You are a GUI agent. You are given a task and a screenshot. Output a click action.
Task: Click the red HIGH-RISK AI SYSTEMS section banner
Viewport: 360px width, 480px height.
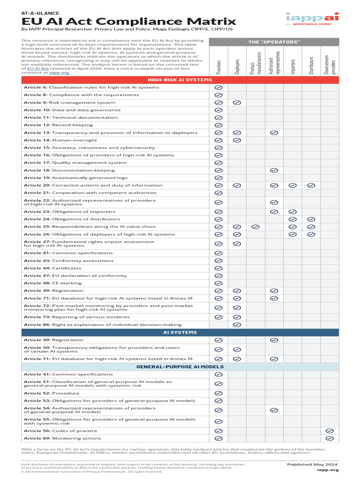tap(180, 80)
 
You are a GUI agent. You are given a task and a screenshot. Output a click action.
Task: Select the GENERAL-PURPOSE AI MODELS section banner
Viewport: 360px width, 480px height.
tap(180, 367)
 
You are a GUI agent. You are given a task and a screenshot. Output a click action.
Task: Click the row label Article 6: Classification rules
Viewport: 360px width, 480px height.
tap(91, 88)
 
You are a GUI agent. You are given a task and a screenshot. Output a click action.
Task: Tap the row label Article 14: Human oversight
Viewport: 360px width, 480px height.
tap(60, 140)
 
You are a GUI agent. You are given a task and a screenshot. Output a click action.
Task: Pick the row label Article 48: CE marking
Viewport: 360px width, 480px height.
tap(52, 283)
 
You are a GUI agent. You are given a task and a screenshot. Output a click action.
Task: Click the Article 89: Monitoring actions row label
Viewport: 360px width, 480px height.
tap(62, 438)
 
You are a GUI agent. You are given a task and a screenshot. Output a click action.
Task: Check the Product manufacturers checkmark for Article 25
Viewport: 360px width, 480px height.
tap(255, 227)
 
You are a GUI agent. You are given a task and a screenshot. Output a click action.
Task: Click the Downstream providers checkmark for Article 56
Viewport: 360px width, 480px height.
tap(330, 431)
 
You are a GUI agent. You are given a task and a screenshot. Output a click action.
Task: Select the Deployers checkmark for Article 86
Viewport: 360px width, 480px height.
tap(237, 324)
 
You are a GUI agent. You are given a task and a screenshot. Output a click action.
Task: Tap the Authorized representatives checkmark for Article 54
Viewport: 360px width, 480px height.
tap(274, 410)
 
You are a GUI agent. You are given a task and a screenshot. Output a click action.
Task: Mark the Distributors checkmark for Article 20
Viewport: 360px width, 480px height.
tap(311, 185)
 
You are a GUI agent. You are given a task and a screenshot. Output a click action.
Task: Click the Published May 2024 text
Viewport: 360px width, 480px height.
tap(313, 464)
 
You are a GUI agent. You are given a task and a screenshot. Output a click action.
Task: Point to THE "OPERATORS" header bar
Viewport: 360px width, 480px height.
tap(274, 42)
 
